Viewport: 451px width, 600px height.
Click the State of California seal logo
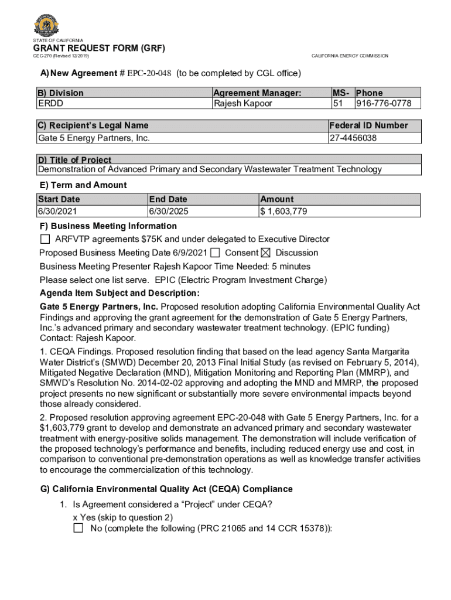click(46, 25)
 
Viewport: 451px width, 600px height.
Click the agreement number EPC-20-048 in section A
click(149, 73)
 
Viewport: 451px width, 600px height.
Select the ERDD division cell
click(51, 104)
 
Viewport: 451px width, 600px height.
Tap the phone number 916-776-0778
click(384, 104)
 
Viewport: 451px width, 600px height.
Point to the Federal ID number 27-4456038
click(353, 138)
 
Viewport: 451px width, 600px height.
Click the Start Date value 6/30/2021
click(57, 212)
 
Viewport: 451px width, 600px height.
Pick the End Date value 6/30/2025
click(169, 212)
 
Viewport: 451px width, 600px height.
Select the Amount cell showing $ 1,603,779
click(284, 212)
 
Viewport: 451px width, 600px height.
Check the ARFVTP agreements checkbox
click(45, 239)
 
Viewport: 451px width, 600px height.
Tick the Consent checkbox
click(216, 253)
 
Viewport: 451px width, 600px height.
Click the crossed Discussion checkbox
click(265, 253)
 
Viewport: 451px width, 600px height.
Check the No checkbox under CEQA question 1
click(78, 529)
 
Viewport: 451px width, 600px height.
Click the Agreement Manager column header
click(257, 93)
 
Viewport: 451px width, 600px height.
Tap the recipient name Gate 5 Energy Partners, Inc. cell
click(94, 138)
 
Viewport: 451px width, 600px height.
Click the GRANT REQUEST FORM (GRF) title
click(99, 47)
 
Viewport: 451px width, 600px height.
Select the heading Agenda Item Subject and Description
click(119, 293)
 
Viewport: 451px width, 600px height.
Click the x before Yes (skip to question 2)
click(75, 517)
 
